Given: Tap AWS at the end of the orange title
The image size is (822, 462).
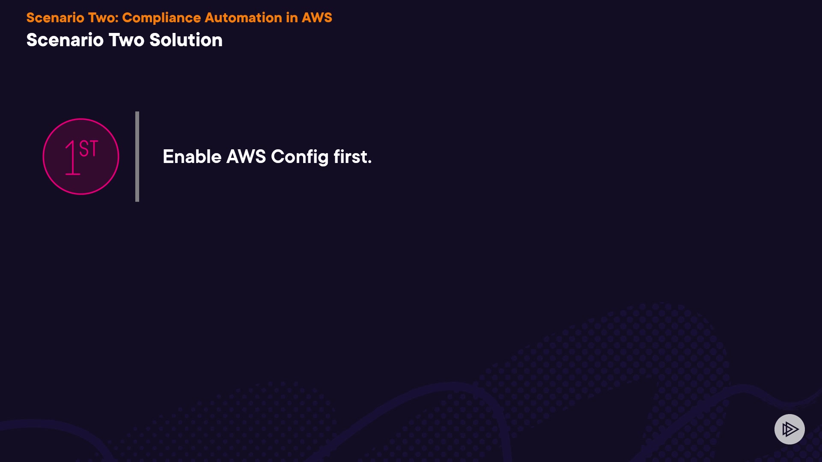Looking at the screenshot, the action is click(317, 18).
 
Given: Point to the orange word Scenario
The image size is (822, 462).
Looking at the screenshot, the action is click(55, 18).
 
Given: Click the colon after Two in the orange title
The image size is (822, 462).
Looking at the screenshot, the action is click(117, 19).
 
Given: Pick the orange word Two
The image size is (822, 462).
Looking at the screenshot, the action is click(101, 18).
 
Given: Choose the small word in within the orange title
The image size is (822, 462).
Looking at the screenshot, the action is click(292, 18).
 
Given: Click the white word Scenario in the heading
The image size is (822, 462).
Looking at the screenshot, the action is click(65, 40).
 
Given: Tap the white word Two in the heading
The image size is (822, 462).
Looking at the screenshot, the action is click(126, 40).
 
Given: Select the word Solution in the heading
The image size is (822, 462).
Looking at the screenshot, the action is click(186, 40).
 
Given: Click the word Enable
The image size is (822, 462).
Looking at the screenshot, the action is click(192, 157).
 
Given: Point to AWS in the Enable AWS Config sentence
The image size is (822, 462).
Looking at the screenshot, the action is click(246, 157).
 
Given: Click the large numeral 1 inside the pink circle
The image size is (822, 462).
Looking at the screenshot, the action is click(72, 158).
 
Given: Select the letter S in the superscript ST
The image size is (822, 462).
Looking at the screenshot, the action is click(84, 148).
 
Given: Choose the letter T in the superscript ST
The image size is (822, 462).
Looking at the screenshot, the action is click(94, 148).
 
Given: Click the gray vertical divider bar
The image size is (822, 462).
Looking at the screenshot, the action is click(137, 157).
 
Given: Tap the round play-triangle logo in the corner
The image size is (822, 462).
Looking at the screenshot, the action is click(789, 429).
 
